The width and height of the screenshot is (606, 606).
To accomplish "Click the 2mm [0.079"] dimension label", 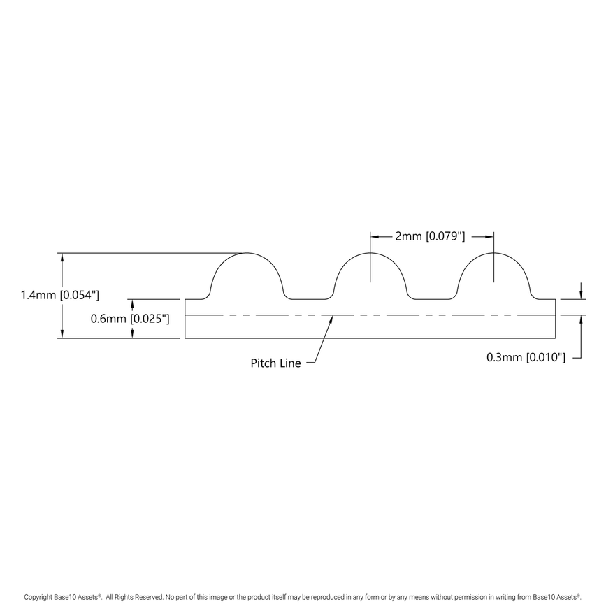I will point(429,236).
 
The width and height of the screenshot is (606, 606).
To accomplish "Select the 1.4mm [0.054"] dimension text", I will point(60,296).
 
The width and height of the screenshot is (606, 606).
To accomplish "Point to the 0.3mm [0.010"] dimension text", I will point(526,357).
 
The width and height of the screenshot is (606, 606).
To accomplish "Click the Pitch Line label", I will point(275,363).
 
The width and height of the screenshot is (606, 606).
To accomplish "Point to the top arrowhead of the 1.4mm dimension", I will point(63,257).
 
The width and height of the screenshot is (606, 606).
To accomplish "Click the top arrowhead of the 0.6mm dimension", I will point(131,303).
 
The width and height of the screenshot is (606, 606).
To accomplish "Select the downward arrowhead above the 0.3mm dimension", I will point(582,294).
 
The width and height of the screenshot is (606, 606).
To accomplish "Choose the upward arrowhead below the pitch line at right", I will point(582,319).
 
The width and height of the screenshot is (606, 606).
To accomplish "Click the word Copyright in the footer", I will point(41,597).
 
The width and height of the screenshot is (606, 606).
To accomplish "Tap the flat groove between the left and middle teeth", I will point(309,298).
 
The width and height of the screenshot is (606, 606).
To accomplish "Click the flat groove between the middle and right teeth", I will point(432,298).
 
